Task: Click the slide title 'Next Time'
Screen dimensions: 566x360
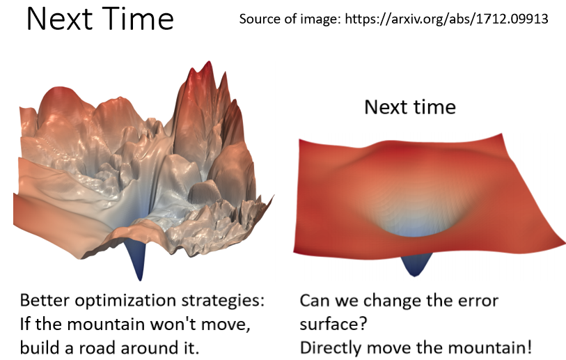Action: pyautogui.click(x=100, y=19)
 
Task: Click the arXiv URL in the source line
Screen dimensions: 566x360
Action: pyautogui.click(x=446, y=19)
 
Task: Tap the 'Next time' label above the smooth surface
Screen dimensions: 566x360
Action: pyautogui.click(x=410, y=107)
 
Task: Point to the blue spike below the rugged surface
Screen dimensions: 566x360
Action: pyautogui.click(x=139, y=259)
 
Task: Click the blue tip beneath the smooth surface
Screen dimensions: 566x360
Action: pyautogui.click(x=415, y=265)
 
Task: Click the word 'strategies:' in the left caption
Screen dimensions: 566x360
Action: pyautogui.click(x=223, y=301)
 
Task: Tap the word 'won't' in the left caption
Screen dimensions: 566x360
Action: pyautogui.click(x=173, y=324)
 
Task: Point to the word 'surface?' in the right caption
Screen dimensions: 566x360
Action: pyautogui.click(x=333, y=324)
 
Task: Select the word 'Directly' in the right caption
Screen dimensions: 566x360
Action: pyautogui.click(x=330, y=348)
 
